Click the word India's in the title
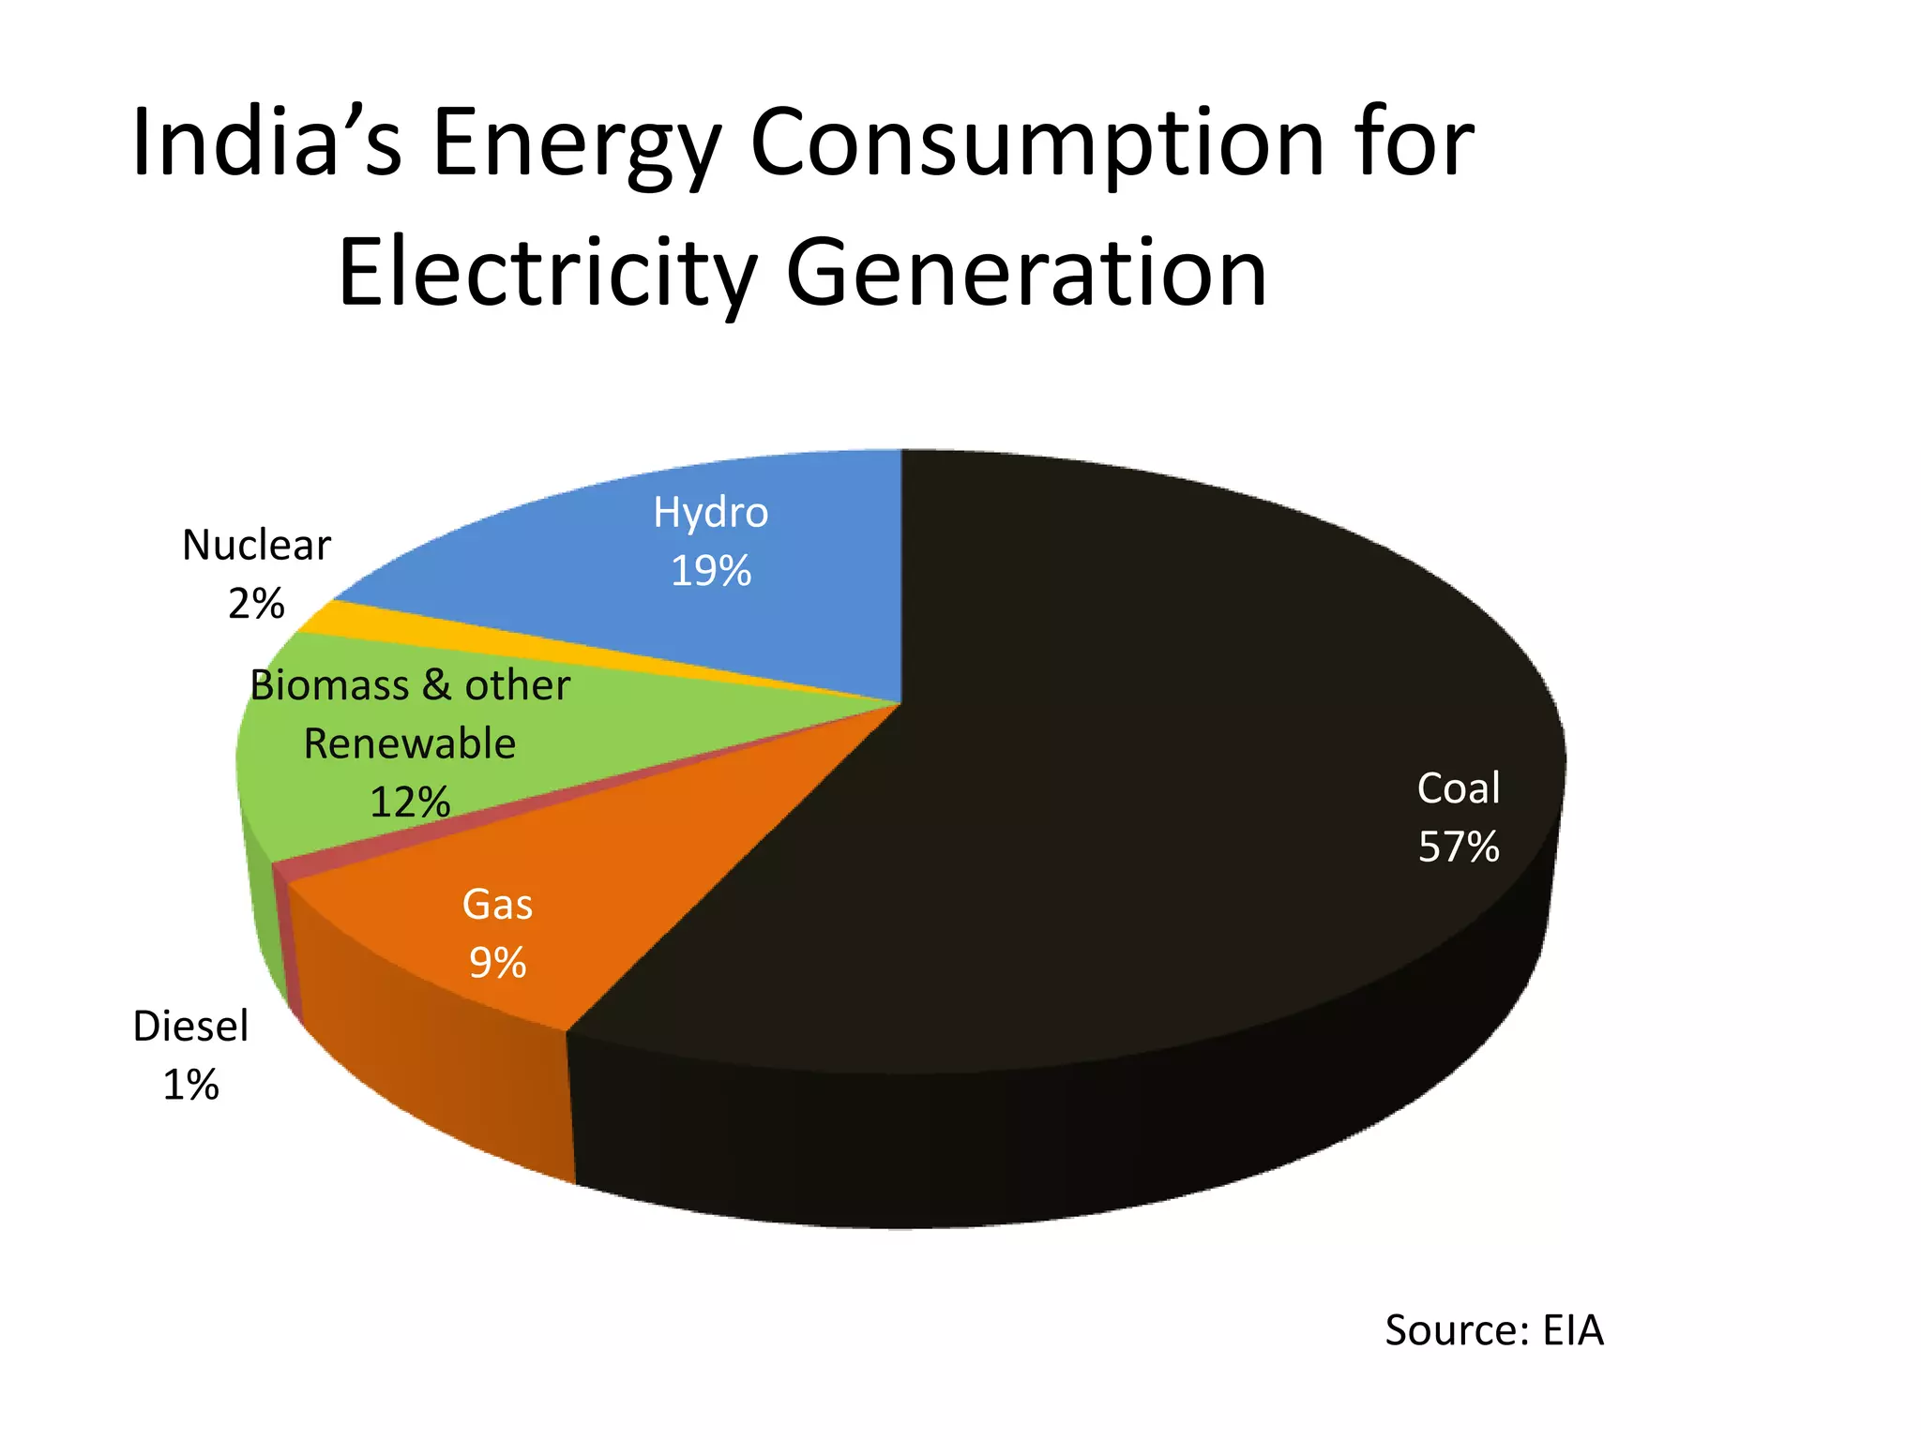pyautogui.click(x=266, y=142)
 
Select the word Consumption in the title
pyautogui.click(x=1036, y=142)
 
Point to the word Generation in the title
pyautogui.click(x=1026, y=273)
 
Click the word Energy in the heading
pyautogui.click(x=576, y=142)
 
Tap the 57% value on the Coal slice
pyautogui.click(x=1458, y=847)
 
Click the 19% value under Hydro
pyautogui.click(x=710, y=571)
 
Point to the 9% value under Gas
pyautogui.click(x=497, y=963)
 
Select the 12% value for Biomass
pyautogui.click(x=410, y=802)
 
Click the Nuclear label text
pyautogui.click(x=256, y=545)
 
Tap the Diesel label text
pyautogui.click(x=190, y=1026)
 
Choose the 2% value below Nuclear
pyautogui.click(x=256, y=604)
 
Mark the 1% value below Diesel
pyautogui.click(x=190, y=1085)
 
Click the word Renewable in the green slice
pyautogui.click(x=410, y=743)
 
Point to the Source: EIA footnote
pyautogui.click(x=1493, y=1330)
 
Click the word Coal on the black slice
pyautogui.click(x=1458, y=787)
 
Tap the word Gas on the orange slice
pyautogui.click(x=497, y=905)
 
